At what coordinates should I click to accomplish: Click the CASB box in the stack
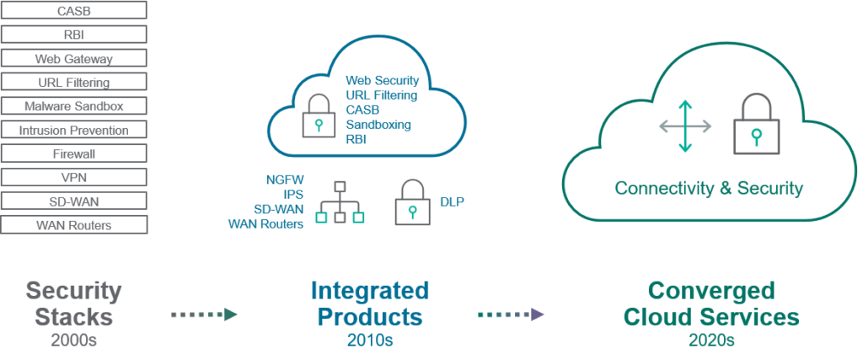click(x=74, y=11)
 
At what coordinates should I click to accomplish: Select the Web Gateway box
click(x=74, y=59)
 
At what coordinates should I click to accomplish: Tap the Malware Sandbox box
click(x=74, y=106)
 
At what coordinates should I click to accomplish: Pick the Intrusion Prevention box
click(x=74, y=130)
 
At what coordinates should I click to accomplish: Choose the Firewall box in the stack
click(x=74, y=154)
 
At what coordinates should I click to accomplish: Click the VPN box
click(x=74, y=178)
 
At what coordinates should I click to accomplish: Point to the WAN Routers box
click(x=74, y=225)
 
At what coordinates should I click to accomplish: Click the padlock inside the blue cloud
click(x=317, y=116)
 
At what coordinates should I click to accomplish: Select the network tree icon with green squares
click(x=340, y=203)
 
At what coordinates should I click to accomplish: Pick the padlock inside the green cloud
click(x=754, y=125)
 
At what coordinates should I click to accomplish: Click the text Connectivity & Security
click(x=708, y=188)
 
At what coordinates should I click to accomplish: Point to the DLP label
click(x=452, y=201)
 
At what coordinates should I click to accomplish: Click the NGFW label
click(x=284, y=180)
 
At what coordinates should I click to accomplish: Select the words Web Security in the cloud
click(x=382, y=80)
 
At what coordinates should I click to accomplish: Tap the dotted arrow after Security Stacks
click(x=205, y=314)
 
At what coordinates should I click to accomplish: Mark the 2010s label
click(x=369, y=341)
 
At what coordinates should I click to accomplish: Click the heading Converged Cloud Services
click(x=710, y=304)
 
